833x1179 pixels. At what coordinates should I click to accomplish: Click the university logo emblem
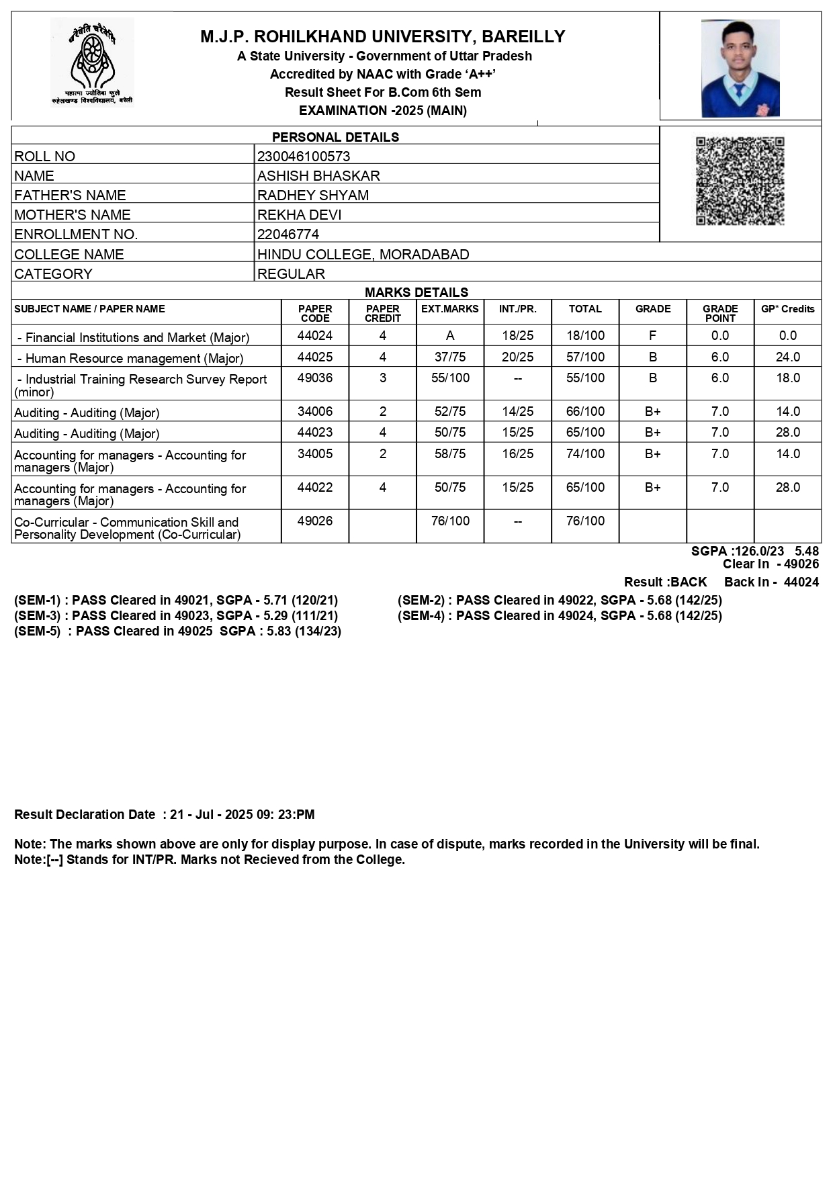point(93,62)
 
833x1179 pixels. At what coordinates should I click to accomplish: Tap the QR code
point(740,181)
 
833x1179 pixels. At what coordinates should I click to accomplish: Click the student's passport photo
point(740,68)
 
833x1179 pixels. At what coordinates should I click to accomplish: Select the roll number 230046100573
point(304,157)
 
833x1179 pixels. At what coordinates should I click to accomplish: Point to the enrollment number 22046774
point(288,234)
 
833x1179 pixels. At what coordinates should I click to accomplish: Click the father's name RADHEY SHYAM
point(313,195)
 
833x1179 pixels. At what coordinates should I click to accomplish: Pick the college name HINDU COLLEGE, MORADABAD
point(363,255)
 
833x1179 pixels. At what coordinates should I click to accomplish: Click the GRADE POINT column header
point(720,313)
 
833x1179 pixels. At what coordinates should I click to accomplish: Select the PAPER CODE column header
point(315,313)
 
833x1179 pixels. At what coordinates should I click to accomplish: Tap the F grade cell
point(652,336)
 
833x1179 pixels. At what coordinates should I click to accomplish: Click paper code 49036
point(315,378)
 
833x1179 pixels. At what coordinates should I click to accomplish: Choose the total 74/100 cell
point(585,454)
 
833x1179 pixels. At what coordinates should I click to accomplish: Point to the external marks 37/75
point(450,357)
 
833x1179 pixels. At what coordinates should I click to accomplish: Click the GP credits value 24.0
point(787,357)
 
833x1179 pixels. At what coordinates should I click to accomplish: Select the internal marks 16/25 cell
point(517,454)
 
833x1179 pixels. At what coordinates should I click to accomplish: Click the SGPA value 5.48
point(807,552)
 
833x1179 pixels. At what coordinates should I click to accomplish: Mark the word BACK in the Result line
point(689,582)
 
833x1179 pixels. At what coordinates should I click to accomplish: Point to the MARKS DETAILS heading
point(416,292)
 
